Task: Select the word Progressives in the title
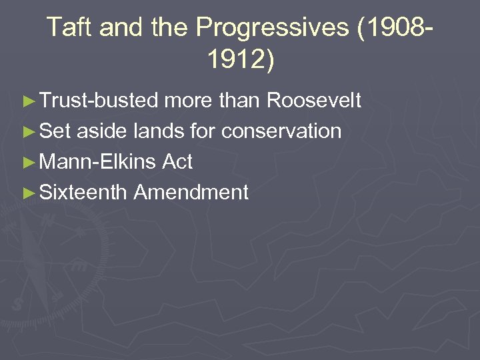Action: [x=272, y=27]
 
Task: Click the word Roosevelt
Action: [x=314, y=101]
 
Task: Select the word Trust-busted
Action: [x=99, y=101]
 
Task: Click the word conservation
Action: [x=281, y=131]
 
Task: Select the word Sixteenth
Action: [x=83, y=193]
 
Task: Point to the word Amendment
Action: [x=191, y=193]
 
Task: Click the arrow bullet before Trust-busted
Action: [x=28, y=101]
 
